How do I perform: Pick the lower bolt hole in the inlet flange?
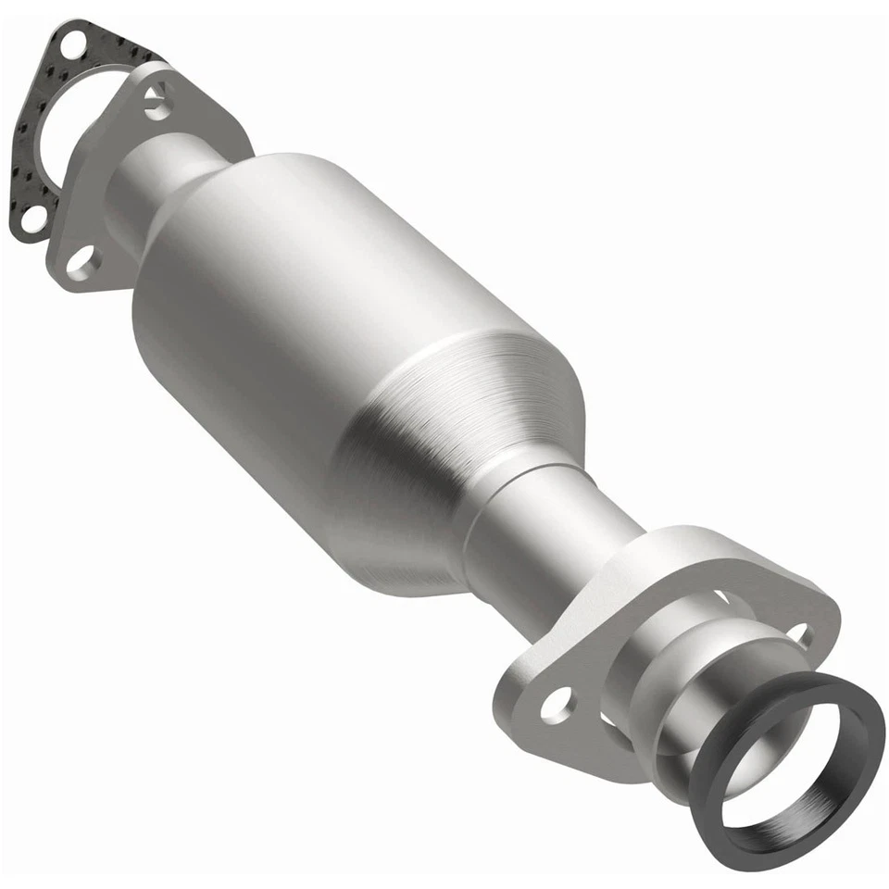(83, 262)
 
